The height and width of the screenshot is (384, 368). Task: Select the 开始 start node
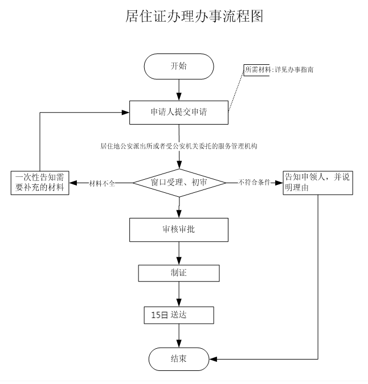179,67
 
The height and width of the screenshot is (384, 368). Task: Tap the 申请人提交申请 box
179,112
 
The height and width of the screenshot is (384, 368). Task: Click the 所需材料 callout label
257,69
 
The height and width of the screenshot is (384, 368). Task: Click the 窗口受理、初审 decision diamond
179,183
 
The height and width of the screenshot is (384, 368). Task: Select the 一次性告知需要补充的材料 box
40,183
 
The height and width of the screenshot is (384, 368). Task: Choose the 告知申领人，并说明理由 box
317,183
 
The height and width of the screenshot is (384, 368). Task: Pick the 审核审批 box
179,229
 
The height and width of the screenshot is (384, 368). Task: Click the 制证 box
179,273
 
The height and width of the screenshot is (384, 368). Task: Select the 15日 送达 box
179,315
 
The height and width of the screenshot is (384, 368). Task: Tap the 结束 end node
179,359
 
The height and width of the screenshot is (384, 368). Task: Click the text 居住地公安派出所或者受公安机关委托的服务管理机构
179,146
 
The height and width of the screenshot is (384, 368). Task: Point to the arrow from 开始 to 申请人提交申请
179,89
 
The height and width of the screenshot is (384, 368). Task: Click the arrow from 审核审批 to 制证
179,253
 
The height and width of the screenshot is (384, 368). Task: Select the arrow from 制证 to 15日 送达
179,294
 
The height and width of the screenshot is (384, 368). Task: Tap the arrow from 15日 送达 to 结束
179,336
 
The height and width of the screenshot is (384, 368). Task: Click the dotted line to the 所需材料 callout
236,91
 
